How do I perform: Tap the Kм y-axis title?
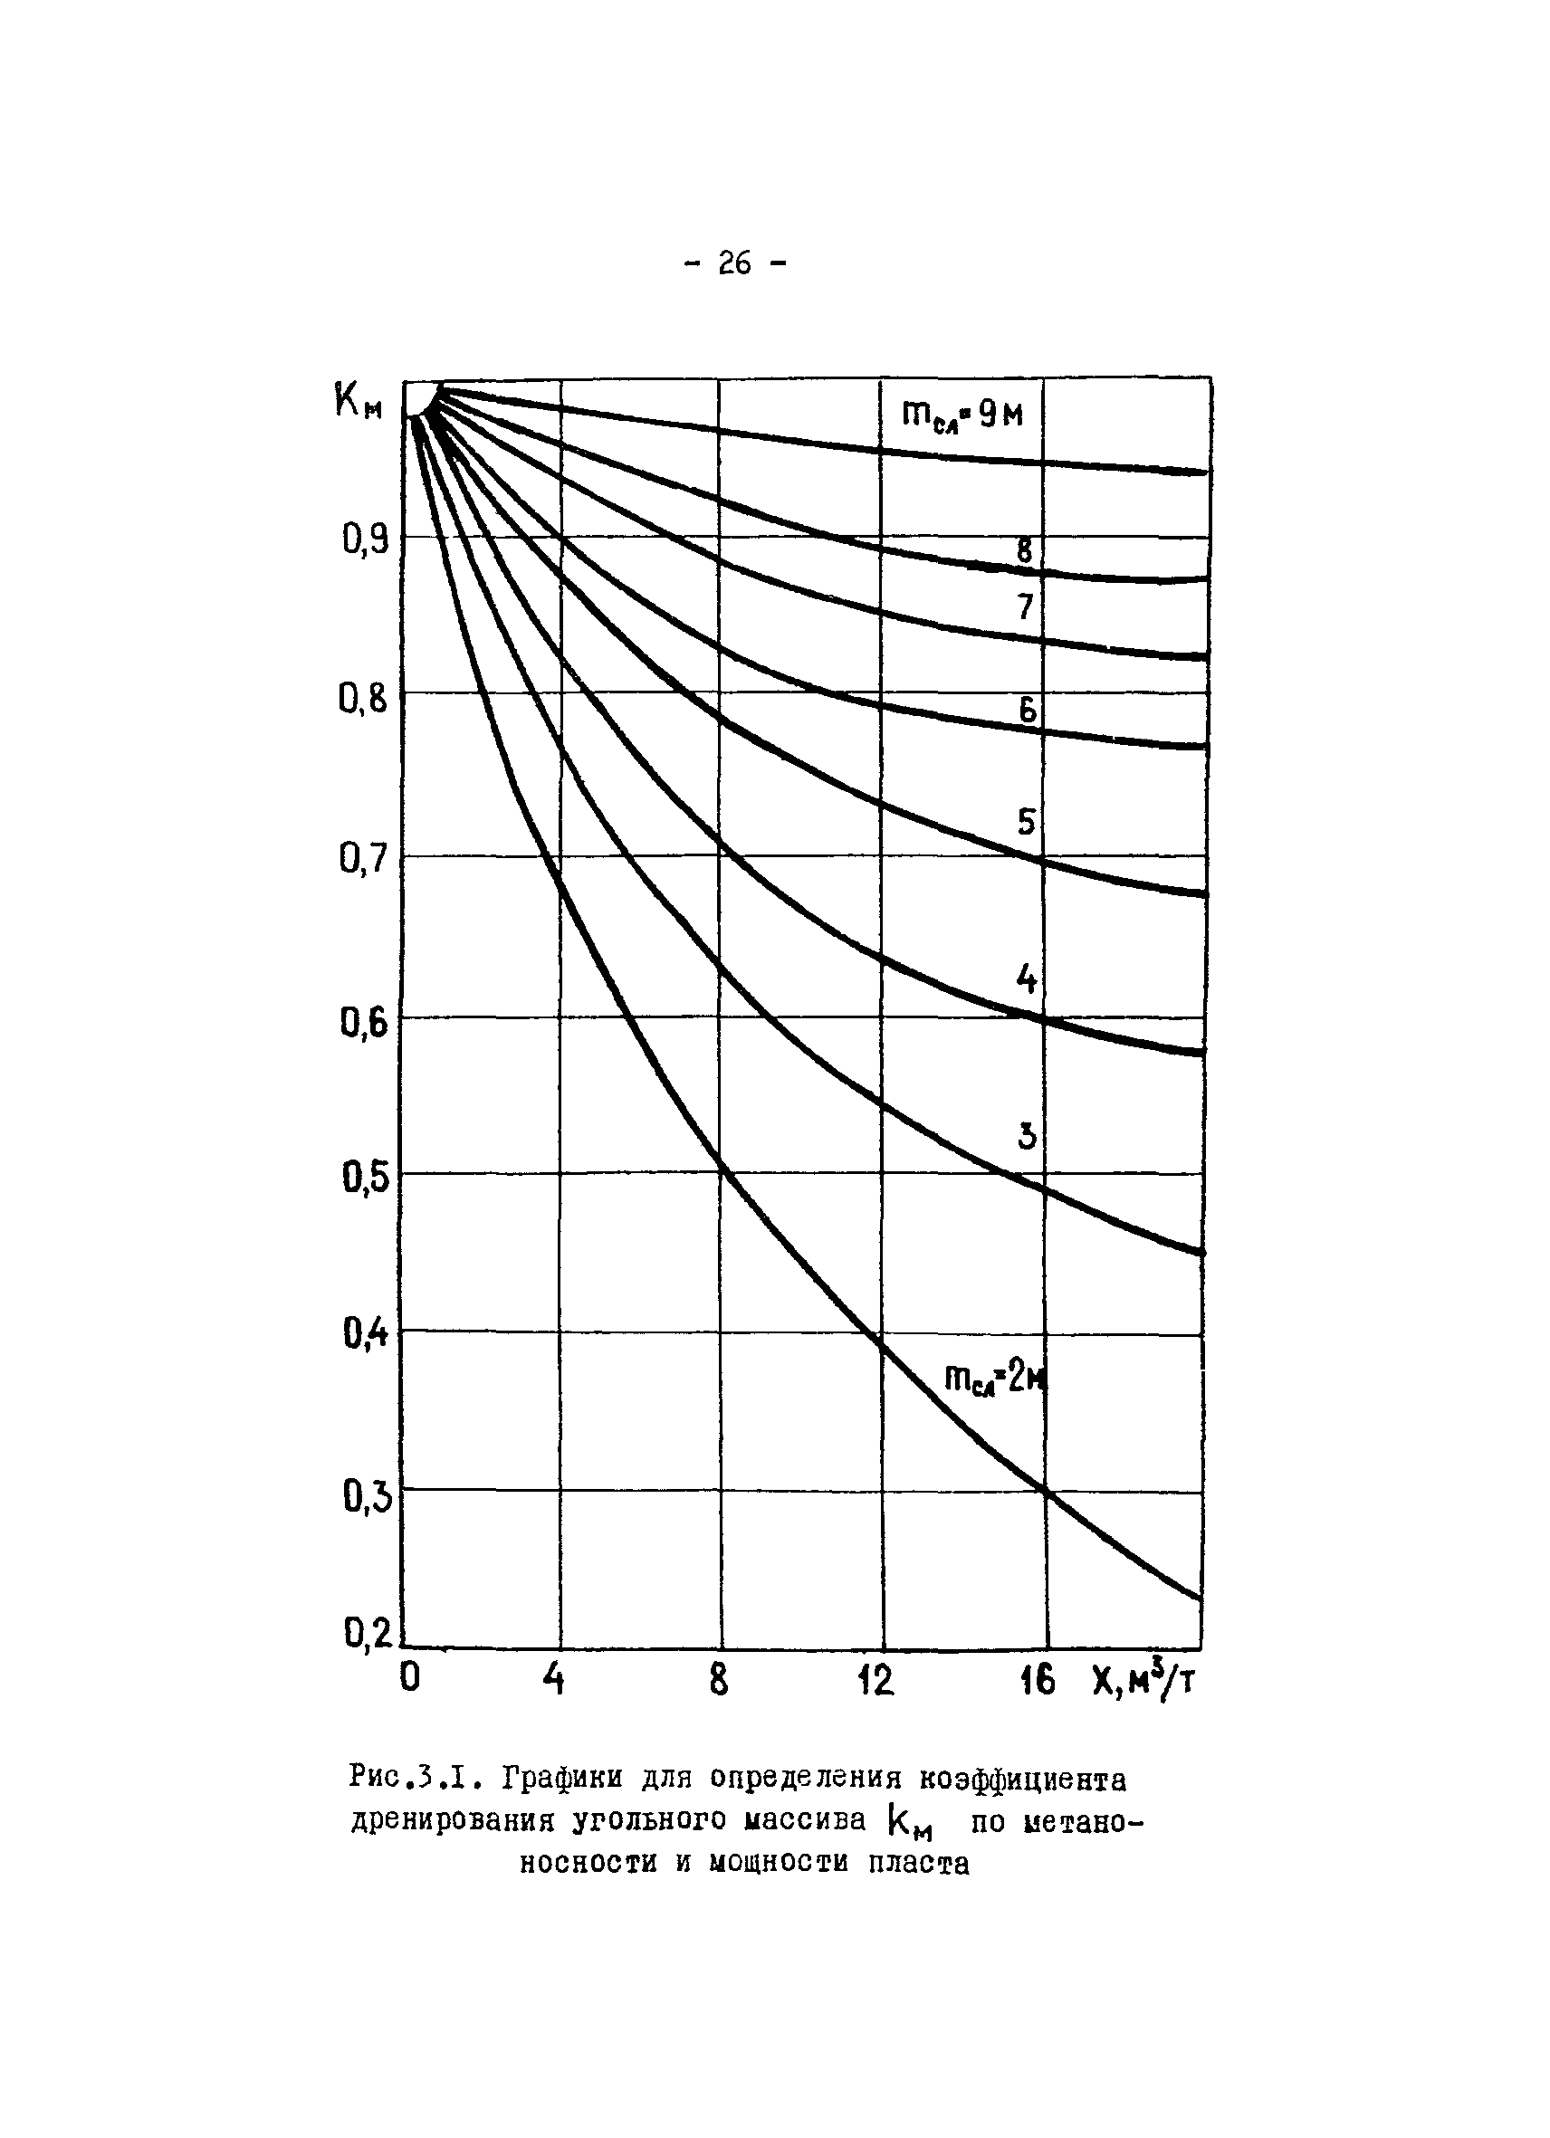(x=359, y=404)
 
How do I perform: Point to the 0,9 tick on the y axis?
(x=366, y=541)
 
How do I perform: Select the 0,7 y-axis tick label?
(x=364, y=860)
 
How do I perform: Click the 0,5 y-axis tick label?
(x=366, y=1179)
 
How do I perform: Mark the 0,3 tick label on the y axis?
(x=367, y=1498)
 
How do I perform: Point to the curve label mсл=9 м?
(x=962, y=415)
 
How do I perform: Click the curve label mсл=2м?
(x=996, y=1380)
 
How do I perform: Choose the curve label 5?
(x=1026, y=823)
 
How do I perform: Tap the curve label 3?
(x=1027, y=1137)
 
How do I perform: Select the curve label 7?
(x=1026, y=608)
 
